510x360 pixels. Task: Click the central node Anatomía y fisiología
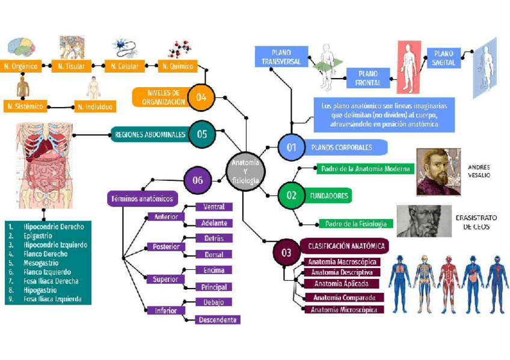[245, 171]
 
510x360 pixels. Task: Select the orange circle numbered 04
[201, 97]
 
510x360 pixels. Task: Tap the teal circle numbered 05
[201, 134]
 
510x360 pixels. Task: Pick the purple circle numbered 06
[198, 180]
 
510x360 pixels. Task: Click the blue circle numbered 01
[292, 147]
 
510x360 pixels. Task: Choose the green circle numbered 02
[291, 195]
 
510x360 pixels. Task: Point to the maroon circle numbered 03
[286, 252]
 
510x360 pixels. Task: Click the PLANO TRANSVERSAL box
[281, 58]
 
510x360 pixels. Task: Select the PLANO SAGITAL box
[444, 58]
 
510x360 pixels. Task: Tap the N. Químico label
[177, 66]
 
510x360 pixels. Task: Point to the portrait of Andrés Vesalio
[438, 172]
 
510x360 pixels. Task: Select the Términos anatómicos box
[141, 198]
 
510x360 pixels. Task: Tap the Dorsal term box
[214, 255]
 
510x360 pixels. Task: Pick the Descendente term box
[218, 320]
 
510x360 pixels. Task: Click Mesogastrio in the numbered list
[41, 263]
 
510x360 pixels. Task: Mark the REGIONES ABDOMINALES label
[150, 135]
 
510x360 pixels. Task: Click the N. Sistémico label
[25, 106]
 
